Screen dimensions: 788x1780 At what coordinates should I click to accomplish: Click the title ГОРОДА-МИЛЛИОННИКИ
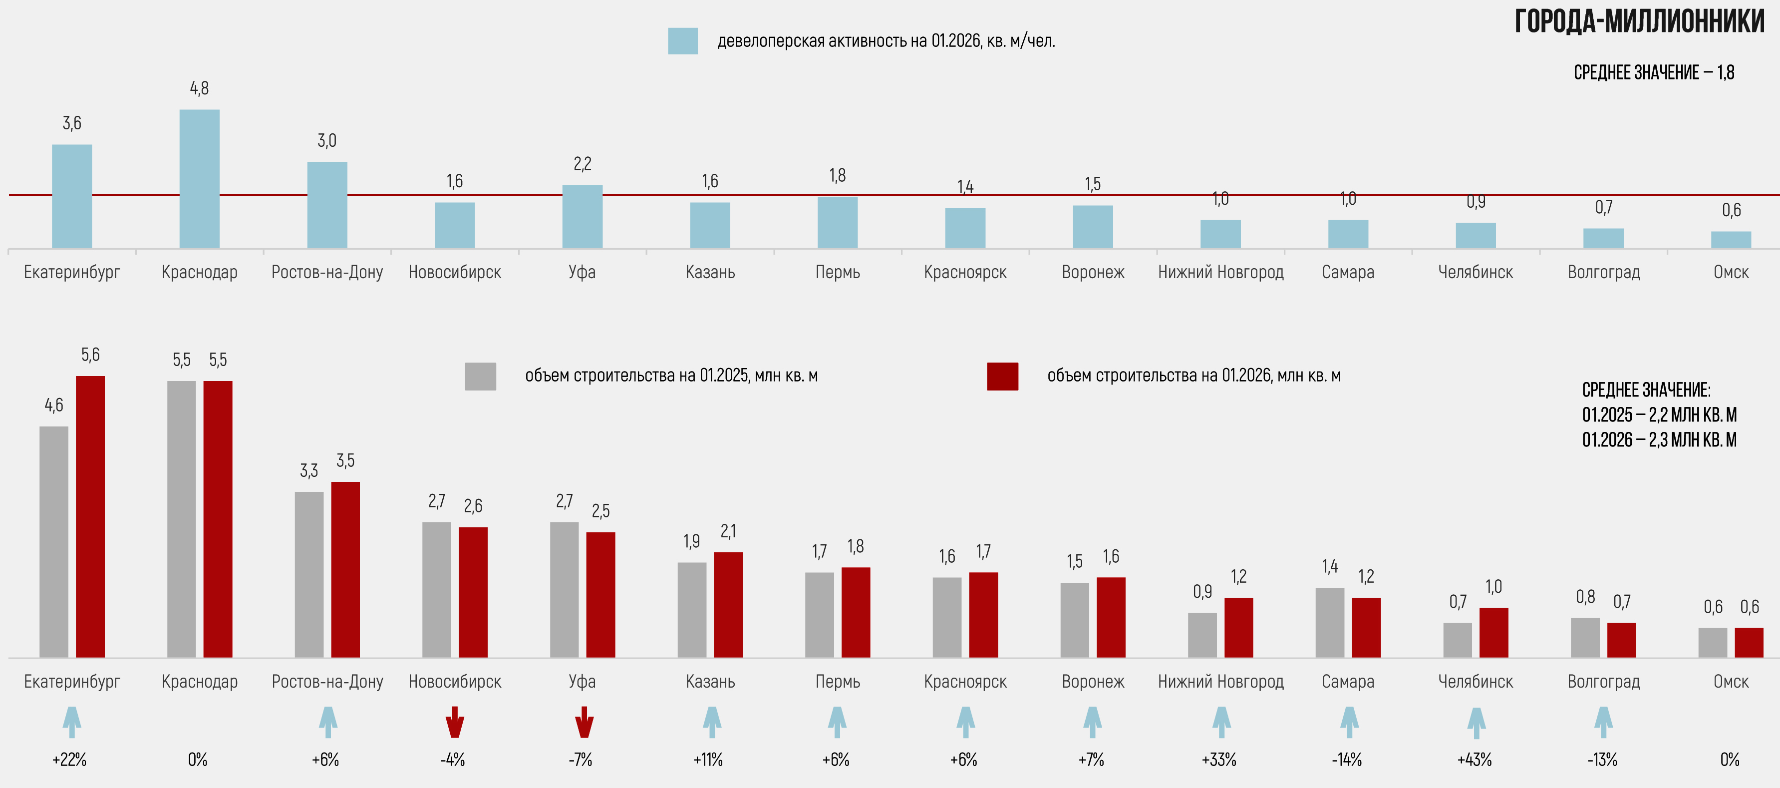point(1639,22)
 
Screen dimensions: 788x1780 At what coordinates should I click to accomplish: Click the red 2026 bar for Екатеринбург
point(90,516)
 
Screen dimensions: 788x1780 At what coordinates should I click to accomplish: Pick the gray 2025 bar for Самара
point(1329,622)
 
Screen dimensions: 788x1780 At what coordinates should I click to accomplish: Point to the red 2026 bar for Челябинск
point(1493,633)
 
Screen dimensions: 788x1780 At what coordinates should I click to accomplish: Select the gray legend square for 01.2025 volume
point(480,376)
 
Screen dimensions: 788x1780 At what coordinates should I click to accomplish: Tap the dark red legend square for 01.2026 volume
point(1002,376)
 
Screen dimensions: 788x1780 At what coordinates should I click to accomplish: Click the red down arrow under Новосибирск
point(454,722)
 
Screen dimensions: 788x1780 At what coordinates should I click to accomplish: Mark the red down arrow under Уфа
point(584,722)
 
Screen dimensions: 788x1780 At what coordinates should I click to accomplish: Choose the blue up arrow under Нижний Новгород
point(1221,722)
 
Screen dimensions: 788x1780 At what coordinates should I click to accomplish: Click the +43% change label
point(1474,760)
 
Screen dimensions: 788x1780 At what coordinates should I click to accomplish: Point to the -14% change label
point(1346,760)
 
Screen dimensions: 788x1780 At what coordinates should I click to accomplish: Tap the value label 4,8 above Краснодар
point(199,88)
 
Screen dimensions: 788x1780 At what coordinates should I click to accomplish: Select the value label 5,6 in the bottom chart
point(90,355)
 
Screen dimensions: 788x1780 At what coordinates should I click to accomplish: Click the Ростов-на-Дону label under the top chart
point(327,272)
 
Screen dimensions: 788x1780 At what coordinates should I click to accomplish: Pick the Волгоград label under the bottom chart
point(1603,682)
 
